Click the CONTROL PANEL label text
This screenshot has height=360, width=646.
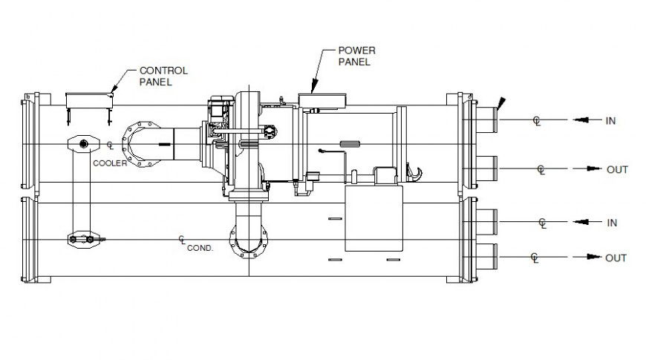pos(163,76)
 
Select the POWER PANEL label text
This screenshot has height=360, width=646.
pos(357,56)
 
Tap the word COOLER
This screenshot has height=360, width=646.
pos(111,163)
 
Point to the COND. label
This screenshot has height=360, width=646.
pos(200,249)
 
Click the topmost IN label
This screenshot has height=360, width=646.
pos(610,120)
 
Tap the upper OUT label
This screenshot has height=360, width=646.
pos(617,170)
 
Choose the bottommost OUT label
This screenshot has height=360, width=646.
pos(616,258)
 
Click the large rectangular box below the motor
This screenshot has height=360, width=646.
pos(373,217)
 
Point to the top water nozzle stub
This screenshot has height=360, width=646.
pos(485,118)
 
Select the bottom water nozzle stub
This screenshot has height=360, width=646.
pos(485,256)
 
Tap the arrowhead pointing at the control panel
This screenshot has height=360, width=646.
pos(114,92)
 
